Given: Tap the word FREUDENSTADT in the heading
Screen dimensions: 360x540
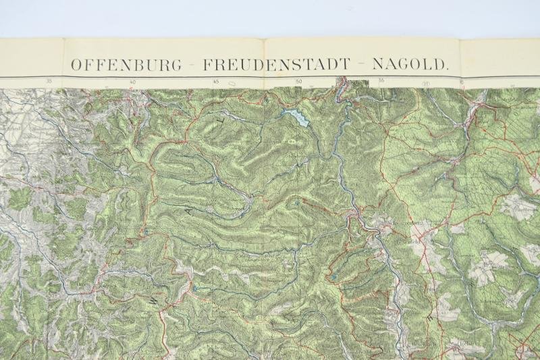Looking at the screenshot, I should [x=277, y=65].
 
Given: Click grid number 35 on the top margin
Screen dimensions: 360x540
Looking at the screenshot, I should [x=49, y=82].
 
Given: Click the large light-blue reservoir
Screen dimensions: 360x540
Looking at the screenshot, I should [x=298, y=118].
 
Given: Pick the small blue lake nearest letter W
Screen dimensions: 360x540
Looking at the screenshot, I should [x=195, y=288].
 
